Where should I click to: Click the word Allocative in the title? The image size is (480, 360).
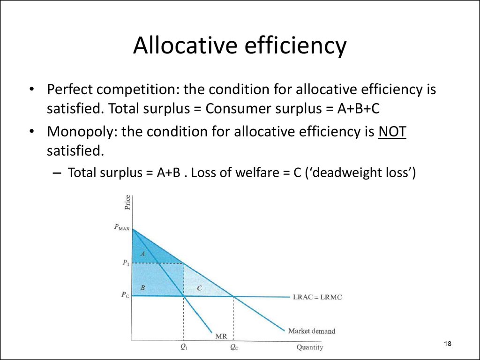pos(185,45)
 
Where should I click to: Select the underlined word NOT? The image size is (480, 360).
pos(392,132)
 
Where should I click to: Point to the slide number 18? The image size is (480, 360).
pos(448,344)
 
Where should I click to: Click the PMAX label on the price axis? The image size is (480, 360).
pos(121,227)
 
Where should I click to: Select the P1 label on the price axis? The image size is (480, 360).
pos(126,262)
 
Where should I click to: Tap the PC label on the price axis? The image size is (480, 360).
pos(125,295)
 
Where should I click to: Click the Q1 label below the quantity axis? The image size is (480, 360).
pos(184,347)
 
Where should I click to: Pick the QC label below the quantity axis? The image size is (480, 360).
pos(234,347)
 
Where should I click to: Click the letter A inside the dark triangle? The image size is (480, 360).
pos(142,254)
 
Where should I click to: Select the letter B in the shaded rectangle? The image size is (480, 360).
pos(142,287)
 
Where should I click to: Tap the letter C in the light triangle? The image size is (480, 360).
pos(200,288)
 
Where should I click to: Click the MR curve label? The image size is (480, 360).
pos(221,336)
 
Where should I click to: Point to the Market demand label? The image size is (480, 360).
pos(312,331)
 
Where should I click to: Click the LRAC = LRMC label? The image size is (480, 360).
pos(318,297)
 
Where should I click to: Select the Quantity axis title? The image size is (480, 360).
pos(310,347)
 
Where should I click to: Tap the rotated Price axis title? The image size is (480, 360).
pos(127,202)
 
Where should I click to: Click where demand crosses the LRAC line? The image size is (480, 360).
pos(234,296)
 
